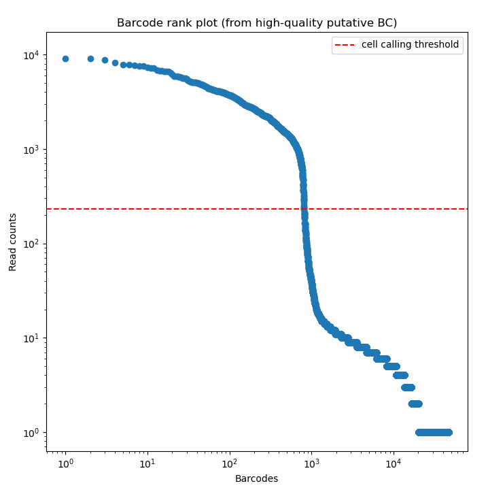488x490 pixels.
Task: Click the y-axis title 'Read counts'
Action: (13, 242)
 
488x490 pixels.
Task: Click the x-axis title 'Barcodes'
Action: (256, 478)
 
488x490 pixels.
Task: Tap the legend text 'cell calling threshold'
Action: (410, 45)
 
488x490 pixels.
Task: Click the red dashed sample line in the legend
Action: (345, 45)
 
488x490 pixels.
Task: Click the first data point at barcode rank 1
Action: (65, 59)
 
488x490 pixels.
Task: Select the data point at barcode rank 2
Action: (90, 59)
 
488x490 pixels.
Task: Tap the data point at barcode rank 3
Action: (105, 60)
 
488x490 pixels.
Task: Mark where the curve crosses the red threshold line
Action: (304, 209)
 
